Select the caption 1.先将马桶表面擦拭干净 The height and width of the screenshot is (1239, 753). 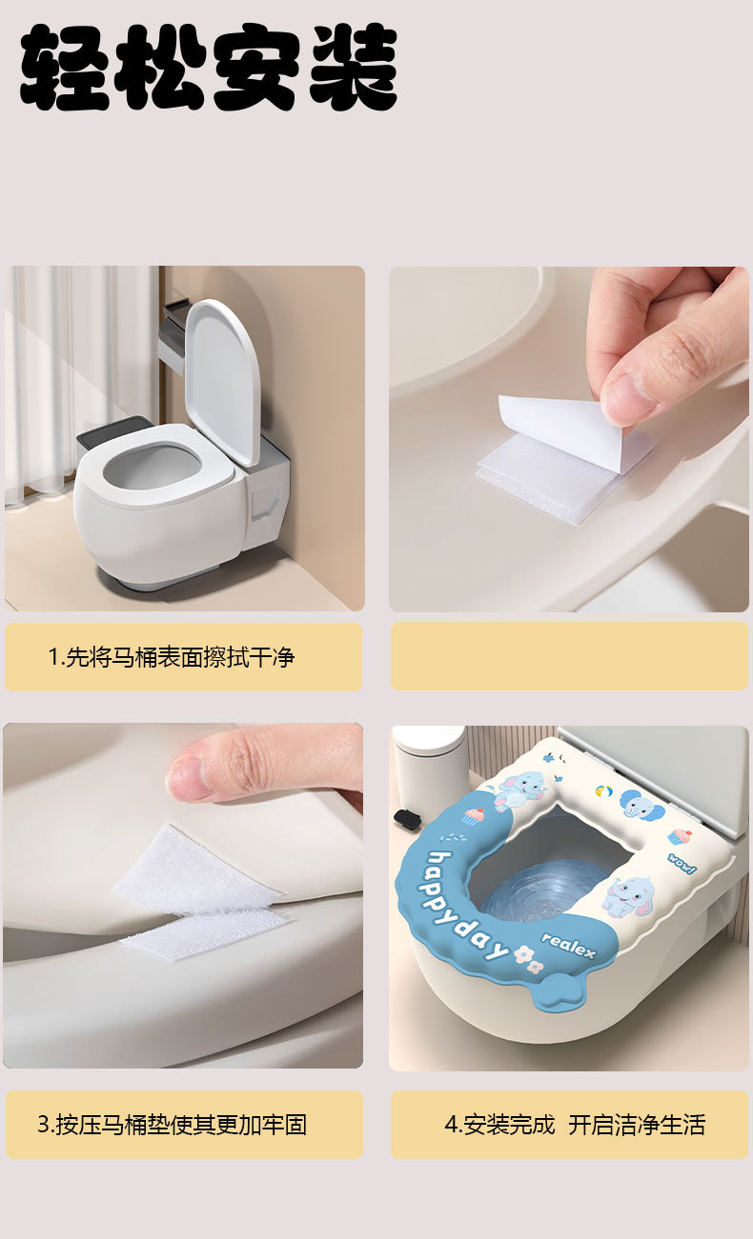171,657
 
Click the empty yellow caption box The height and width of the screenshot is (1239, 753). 569,655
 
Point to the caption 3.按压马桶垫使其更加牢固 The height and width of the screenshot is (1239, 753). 172,1125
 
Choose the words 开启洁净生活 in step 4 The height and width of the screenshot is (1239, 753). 637,1125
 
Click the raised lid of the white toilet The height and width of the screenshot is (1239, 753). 223,382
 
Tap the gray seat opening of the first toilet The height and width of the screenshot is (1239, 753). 151,470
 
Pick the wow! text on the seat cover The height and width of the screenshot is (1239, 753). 681,864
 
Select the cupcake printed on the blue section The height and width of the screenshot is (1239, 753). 474,816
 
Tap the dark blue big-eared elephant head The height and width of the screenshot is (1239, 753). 641,803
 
